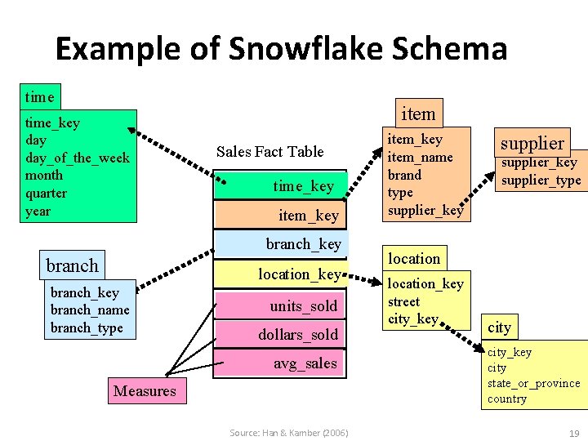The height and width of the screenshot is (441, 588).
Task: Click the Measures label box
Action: point(145,390)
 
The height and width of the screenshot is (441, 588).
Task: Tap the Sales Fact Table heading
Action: point(269,151)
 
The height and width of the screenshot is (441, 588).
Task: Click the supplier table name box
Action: point(532,143)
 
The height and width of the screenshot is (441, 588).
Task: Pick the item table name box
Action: point(418,113)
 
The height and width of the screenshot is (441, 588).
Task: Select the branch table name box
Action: point(72,265)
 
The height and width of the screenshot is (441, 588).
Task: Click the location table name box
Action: point(413,258)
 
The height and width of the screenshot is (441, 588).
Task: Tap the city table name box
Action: point(499,327)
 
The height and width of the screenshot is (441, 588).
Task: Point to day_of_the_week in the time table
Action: point(77,158)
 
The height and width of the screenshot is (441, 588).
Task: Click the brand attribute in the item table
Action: point(404,175)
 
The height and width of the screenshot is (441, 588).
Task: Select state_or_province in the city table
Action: point(533,383)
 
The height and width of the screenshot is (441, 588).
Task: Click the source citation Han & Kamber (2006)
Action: point(288,432)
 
